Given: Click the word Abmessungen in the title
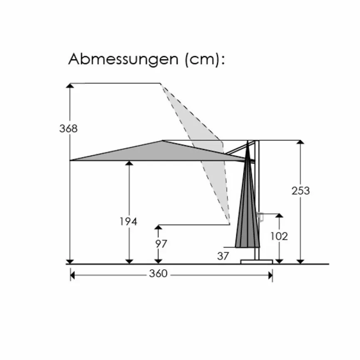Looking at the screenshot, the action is pos(123,59).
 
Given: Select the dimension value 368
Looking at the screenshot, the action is pos(69,128).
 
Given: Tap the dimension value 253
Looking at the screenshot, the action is pos(300,191).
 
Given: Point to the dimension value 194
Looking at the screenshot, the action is pos(129,222).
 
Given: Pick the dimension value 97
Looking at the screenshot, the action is pos(161,244).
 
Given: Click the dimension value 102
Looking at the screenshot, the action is pos(279,236).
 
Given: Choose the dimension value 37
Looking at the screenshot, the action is pos(223,256).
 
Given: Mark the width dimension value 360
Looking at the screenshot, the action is pos(158,274).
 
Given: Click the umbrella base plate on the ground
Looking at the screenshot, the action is pos(256,262).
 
